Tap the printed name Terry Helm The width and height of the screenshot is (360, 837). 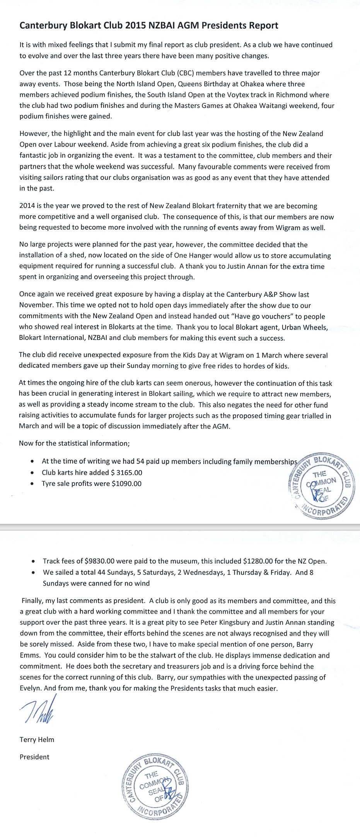pyautogui.click(x=37, y=740)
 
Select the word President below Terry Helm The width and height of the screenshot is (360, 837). pyautogui.click(x=34, y=757)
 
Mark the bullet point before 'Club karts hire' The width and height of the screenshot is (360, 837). pyautogui.click(x=32, y=473)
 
